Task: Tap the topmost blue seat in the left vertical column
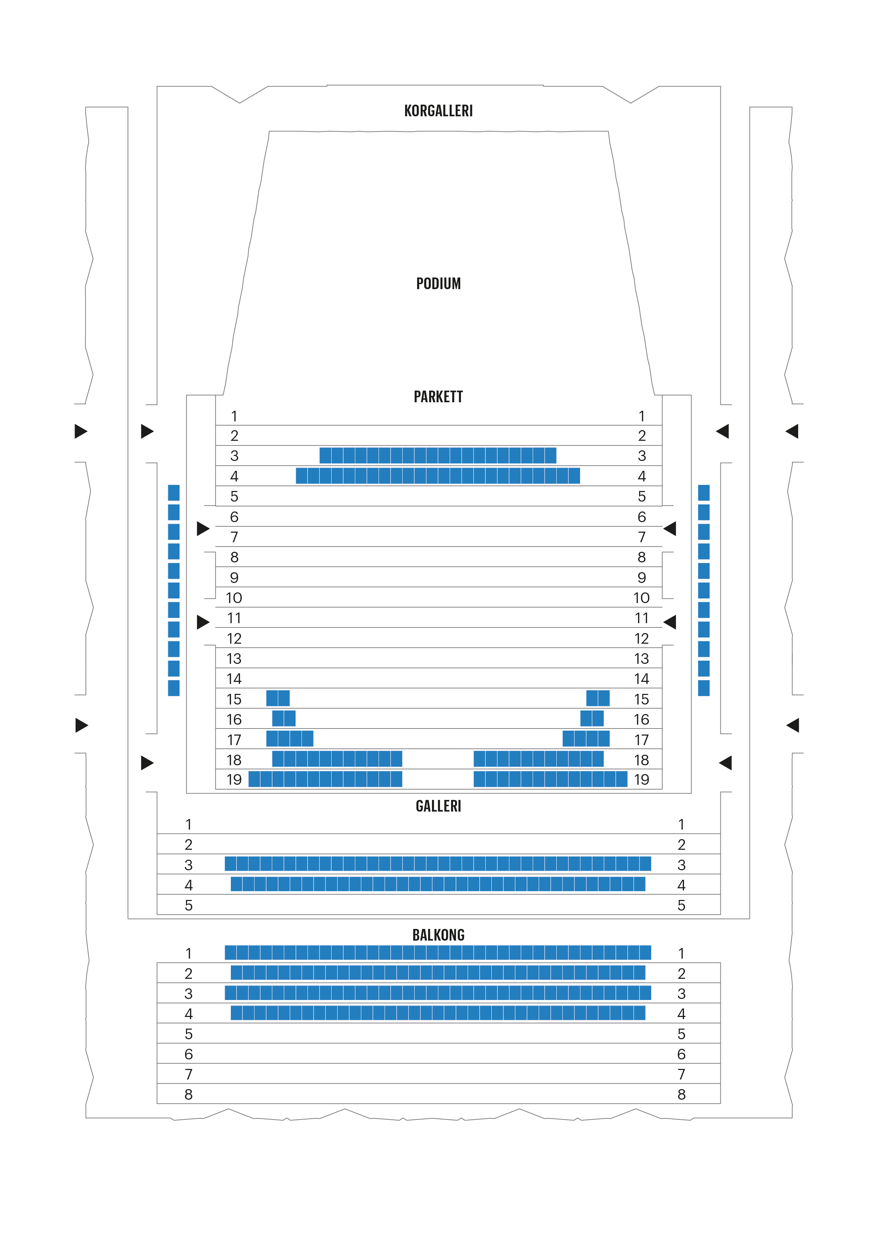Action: [x=173, y=492]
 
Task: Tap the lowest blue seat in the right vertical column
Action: [x=704, y=688]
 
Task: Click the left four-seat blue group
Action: [x=290, y=738]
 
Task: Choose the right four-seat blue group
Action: [x=586, y=738]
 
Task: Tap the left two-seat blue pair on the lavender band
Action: [x=277, y=698]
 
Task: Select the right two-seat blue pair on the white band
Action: [x=592, y=718]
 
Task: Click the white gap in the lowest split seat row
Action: [x=437, y=779]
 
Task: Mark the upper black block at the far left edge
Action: [x=64, y=443]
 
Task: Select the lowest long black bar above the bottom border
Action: [x=452, y=1096]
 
